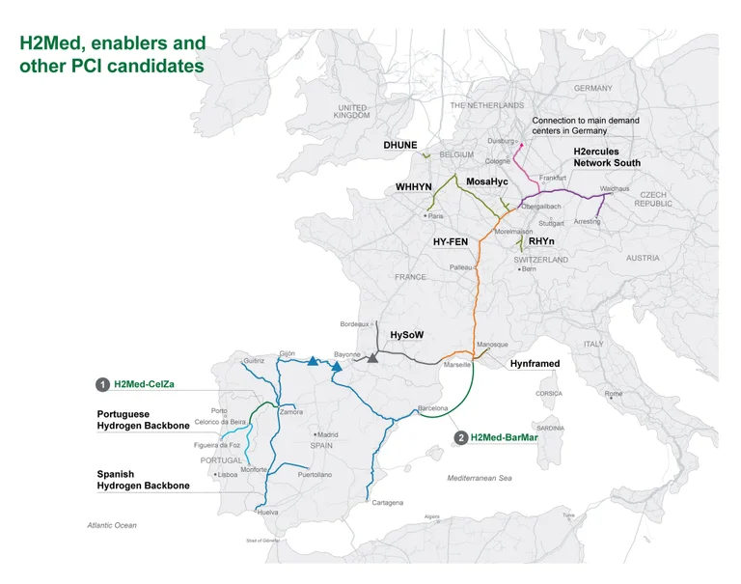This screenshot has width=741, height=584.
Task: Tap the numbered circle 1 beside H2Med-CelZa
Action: (102, 384)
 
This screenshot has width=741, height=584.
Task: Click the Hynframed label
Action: (534, 364)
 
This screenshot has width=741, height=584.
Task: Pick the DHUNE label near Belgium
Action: (400, 145)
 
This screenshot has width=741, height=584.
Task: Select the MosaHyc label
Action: (487, 181)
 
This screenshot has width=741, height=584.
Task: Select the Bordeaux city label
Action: (354, 324)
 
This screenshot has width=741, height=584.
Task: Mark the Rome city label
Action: (613, 394)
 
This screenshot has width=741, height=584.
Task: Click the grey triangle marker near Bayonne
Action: (372, 357)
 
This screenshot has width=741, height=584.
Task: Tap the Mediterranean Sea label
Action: (480, 478)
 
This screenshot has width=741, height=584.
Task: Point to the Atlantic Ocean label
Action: (112, 525)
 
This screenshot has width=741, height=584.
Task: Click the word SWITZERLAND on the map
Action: (541, 260)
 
